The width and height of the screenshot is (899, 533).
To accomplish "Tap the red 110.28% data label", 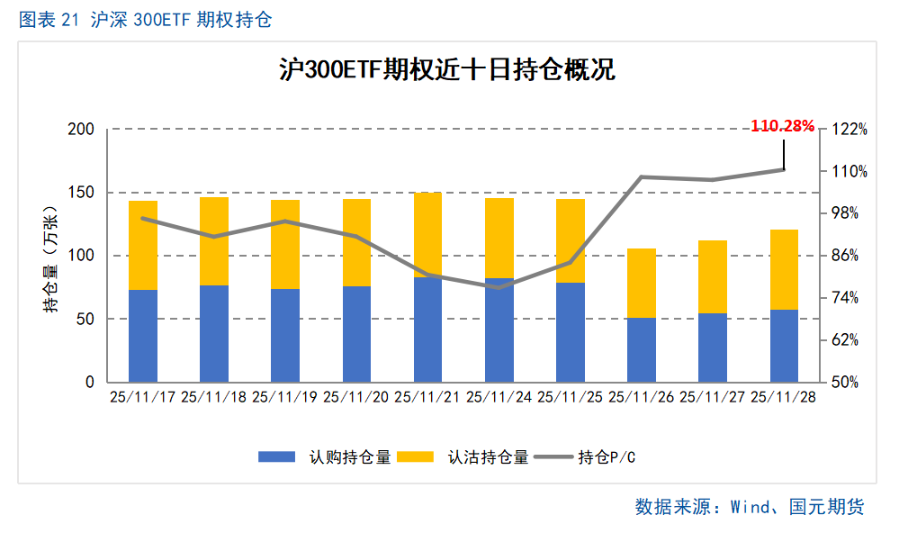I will pyautogui.click(x=782, y=126).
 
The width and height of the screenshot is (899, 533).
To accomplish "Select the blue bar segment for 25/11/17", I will pyautogui.click(x=143, y=335).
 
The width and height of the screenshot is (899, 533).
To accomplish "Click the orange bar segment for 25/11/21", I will pyautogui.click(x=427, y=235).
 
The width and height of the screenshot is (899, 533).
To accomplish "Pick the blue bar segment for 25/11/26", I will pyautogui.click(x=642, y=349).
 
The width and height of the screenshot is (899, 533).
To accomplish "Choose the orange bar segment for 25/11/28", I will pyautogui.click(x=784, y=269).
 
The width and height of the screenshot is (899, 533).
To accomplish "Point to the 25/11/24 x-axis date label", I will pyautogui.click(x=499, y=396).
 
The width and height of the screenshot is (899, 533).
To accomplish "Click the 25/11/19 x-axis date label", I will pyautogui.click(x=285, y=396).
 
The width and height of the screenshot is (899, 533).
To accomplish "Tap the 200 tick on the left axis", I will pyautogui.click(x=82, y=129).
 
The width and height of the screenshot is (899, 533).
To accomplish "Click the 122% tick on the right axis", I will pyautogui.click(x=849, y=129).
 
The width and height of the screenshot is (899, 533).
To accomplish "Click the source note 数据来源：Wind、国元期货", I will pyautogui.click(x=749, y=507).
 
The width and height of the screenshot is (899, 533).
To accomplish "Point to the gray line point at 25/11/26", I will pyautogui.click(x=642, y=177).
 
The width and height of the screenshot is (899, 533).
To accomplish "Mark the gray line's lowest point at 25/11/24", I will pyautogui.click(x=499, y=287).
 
